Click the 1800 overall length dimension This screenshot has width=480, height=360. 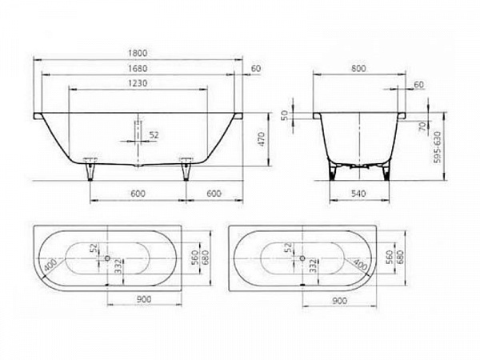[x=140, y=52]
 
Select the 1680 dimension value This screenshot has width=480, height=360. [x=140, y=68]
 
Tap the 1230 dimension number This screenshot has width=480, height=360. [x=140, y=84]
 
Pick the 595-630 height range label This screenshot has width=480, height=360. [x=437, y=148]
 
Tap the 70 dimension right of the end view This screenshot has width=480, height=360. [x=420, y=126]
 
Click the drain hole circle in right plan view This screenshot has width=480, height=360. [x=302, y=258]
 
